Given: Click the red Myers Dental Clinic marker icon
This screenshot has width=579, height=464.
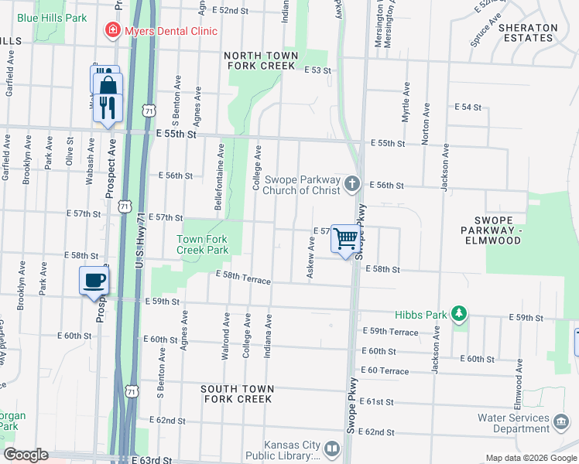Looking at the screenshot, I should (112, 31).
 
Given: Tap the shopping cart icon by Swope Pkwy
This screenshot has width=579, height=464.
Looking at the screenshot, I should (346, 238).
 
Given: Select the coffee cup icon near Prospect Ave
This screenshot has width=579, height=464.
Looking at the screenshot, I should (94, 280).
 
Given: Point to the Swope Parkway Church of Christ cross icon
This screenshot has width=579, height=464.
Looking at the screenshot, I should (352, 183).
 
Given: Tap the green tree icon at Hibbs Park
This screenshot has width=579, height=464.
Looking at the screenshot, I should (460, 312).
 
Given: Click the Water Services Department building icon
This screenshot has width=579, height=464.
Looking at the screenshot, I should (560, 418).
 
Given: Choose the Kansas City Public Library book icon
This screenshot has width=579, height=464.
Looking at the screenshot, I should (331, 448).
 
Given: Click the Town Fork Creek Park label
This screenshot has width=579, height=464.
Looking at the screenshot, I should (202, 244).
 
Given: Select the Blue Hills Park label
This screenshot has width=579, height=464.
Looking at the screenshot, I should (52, 17).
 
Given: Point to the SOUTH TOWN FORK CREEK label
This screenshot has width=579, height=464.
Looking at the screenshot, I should (236, 394).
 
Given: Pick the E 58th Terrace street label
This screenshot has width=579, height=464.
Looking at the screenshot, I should (243, 278).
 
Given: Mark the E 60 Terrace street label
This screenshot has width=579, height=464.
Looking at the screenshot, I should (384, 371).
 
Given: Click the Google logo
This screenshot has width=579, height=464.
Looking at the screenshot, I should (26, 455).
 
